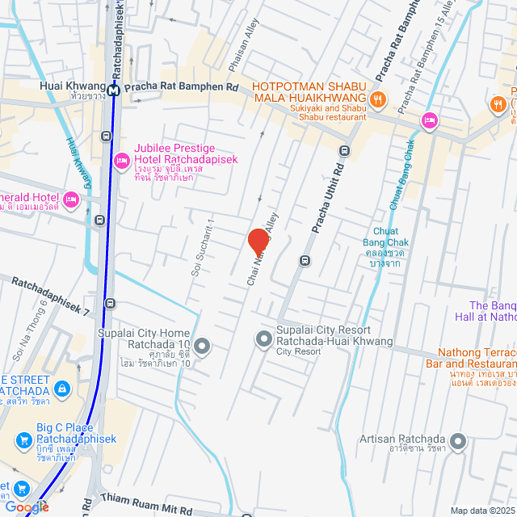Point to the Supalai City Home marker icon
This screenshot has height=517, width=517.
click(202, 347)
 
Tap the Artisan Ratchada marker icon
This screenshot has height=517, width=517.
click(458, 441)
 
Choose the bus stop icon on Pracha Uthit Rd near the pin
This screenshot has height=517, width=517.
click(305, 260)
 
